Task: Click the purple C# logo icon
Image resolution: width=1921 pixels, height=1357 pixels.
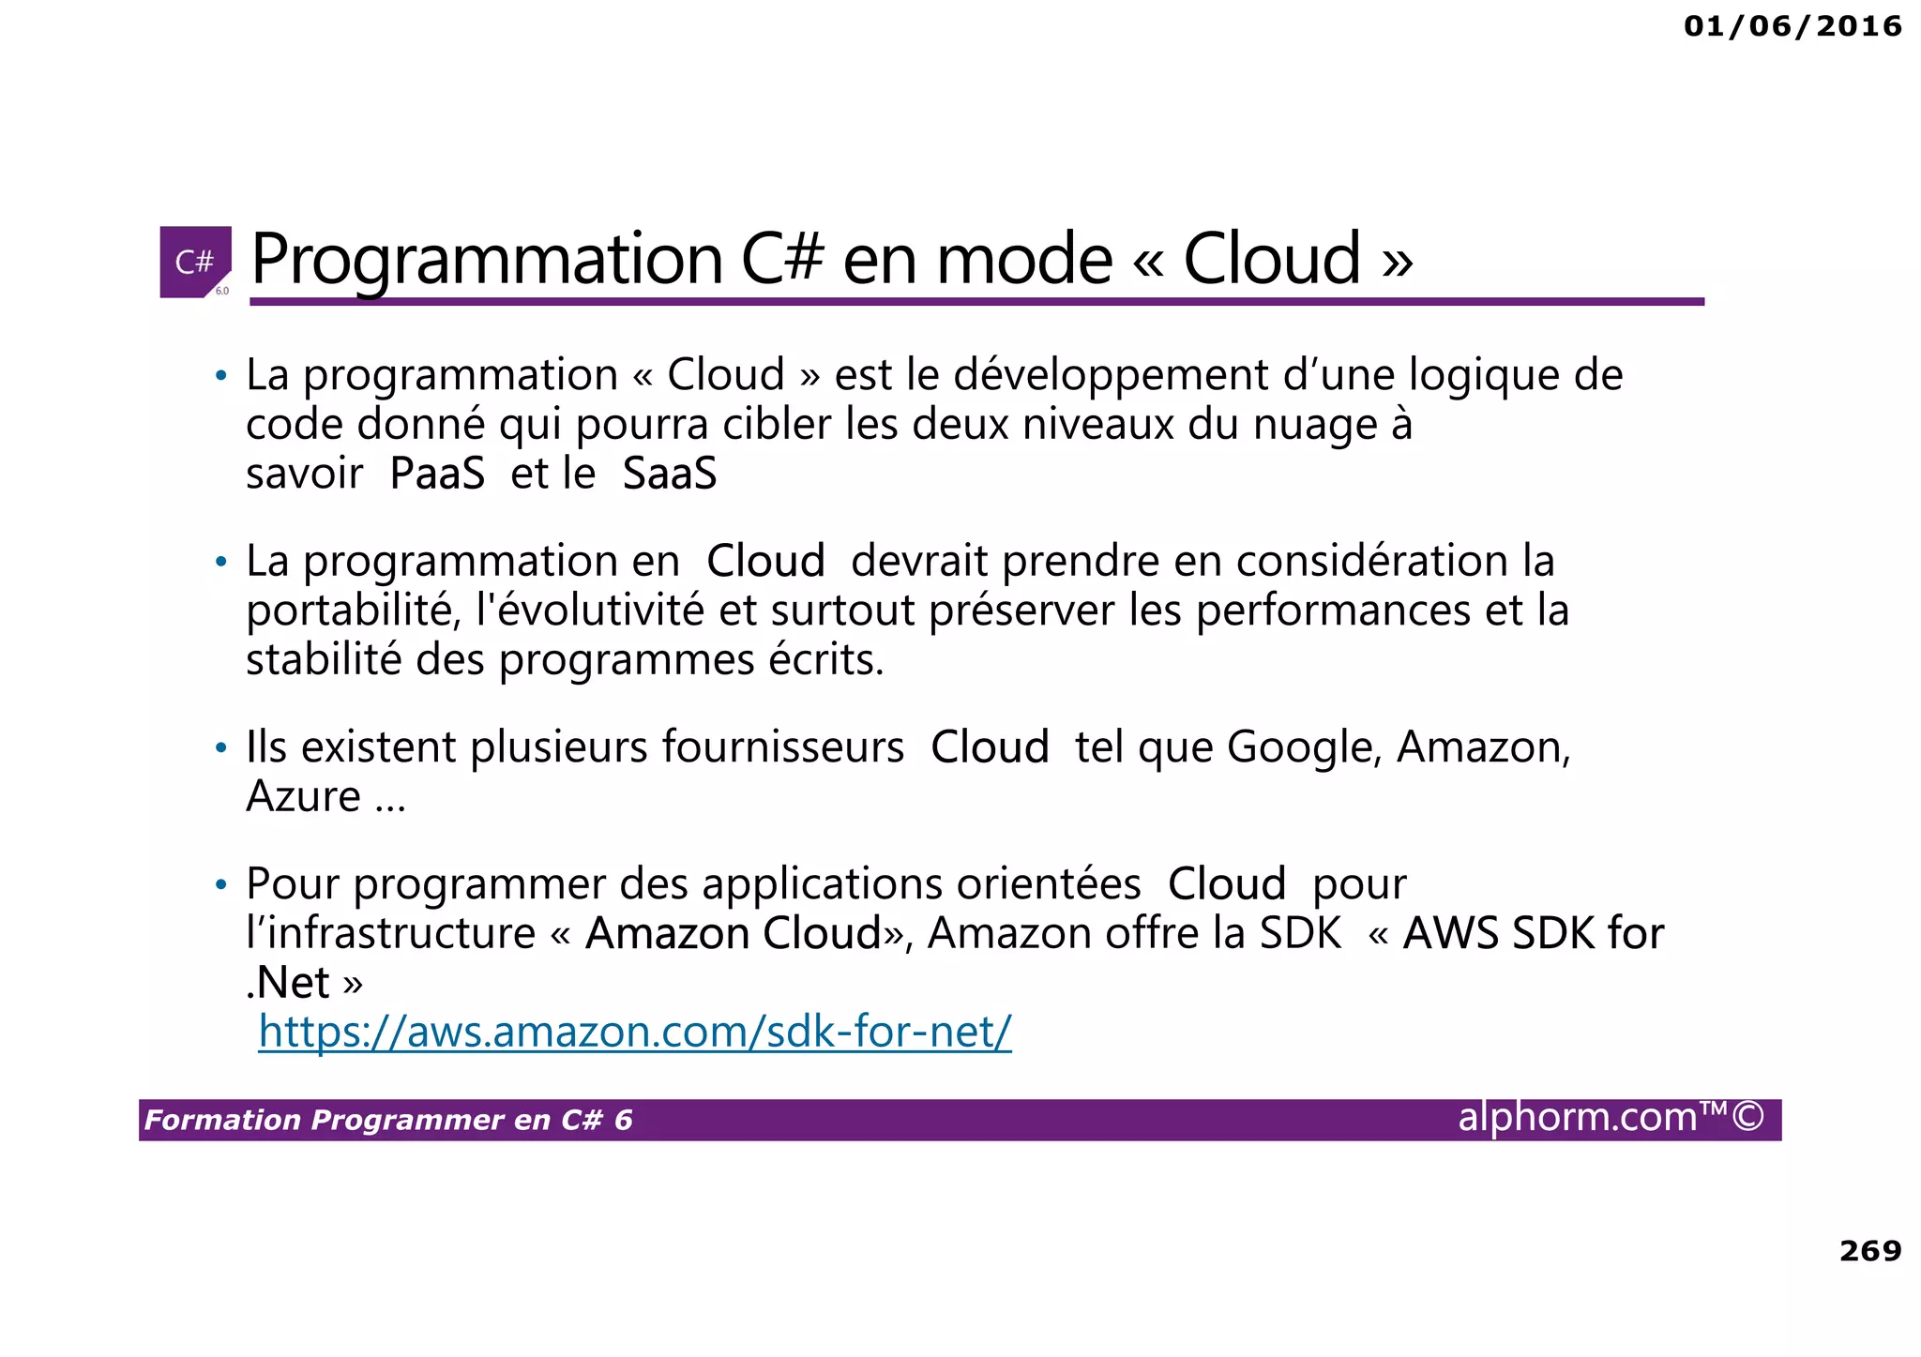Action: point(195,262)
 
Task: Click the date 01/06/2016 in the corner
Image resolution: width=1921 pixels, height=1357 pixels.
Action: point(1792,26)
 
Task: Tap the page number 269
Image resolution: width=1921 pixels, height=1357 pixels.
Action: point(1870,1250)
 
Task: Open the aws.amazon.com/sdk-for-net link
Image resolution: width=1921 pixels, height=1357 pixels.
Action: point(635,1032)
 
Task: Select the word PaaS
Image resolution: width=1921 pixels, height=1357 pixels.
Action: point(437,474)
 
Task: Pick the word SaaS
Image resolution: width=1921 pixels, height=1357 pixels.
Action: point(670,474)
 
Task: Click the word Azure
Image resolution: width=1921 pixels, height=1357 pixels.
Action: point(303,797)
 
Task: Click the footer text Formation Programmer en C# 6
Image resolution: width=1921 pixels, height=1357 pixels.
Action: point(388,1120)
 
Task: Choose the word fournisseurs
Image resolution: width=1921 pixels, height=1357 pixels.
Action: point(783,748)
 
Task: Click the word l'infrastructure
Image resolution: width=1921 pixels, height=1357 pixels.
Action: point(390,934)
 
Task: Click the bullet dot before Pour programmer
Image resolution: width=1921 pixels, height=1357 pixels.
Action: point(221,885)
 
